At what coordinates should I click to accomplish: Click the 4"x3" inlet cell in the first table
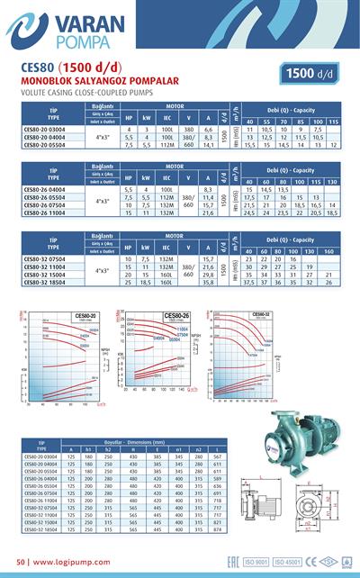click(100, 137)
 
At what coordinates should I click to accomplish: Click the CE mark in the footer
click(311, 562)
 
